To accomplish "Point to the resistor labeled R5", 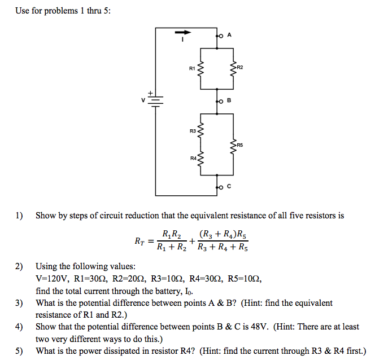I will coord(233,145).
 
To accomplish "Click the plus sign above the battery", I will coord(151,92).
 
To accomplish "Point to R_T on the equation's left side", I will coord(141,242).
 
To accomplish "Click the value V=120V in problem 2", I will coord(52,279).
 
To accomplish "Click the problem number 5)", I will coord(20,351).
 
